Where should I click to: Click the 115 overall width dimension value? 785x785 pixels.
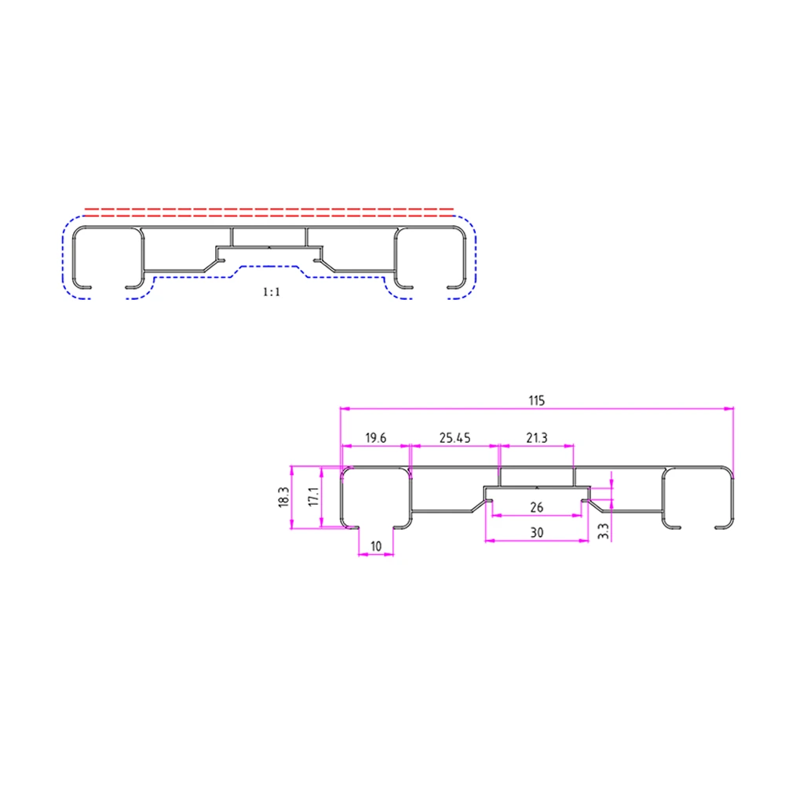click(536, 400)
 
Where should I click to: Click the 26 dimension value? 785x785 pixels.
click(537, 506)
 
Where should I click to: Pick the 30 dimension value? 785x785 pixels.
click(537, 531)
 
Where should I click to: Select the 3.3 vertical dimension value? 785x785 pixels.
click(602, 531)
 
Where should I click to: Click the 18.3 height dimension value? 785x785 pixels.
click(283, 497)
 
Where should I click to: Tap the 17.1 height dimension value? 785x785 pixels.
click(312, 497)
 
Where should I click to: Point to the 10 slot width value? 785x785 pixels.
click(376, 546)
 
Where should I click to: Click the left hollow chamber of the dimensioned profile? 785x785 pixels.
click(375, 495)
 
